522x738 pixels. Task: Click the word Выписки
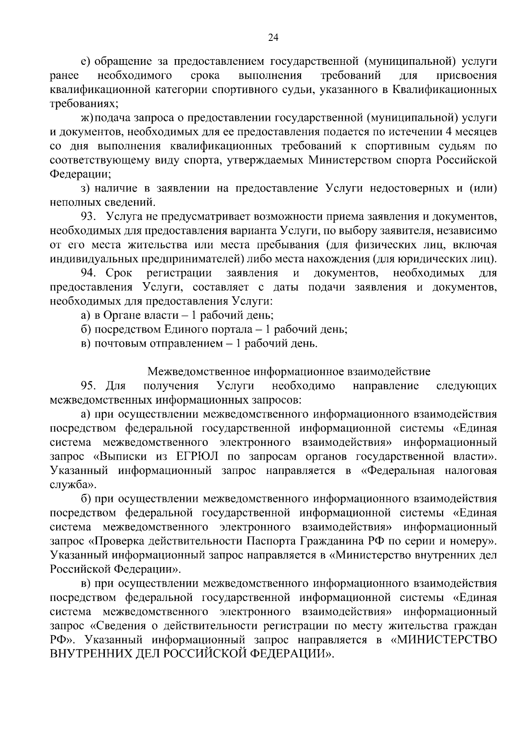coord(120,456)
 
